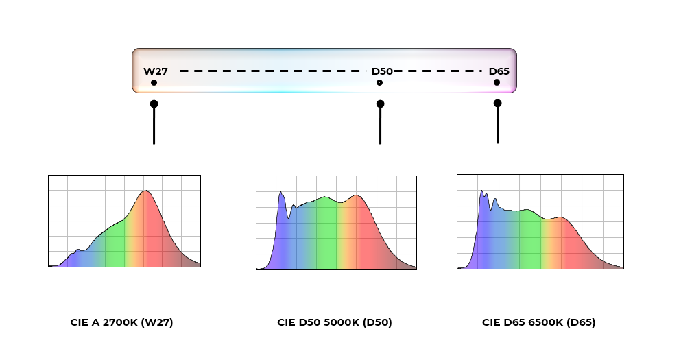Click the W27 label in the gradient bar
pos(156,71)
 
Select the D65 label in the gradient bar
pos(499,71)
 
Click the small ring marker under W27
pos(154,83)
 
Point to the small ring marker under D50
pos(379,83)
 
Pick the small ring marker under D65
pos(497,83)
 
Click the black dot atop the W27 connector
pos(154,104)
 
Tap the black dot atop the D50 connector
pos(380,104)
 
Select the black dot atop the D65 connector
pos(497,103)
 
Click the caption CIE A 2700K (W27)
pos(121,322)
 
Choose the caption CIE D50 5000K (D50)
pos(335,322)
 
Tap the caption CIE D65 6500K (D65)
pos(538,322)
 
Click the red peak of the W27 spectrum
pos(145,193)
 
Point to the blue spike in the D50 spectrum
pos(280,195)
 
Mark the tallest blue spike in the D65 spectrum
pos(481,192)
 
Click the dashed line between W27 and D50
pos(267,71)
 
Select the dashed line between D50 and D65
pos(439,71)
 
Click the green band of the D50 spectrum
pos(326,233)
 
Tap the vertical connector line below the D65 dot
pos(497,127)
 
